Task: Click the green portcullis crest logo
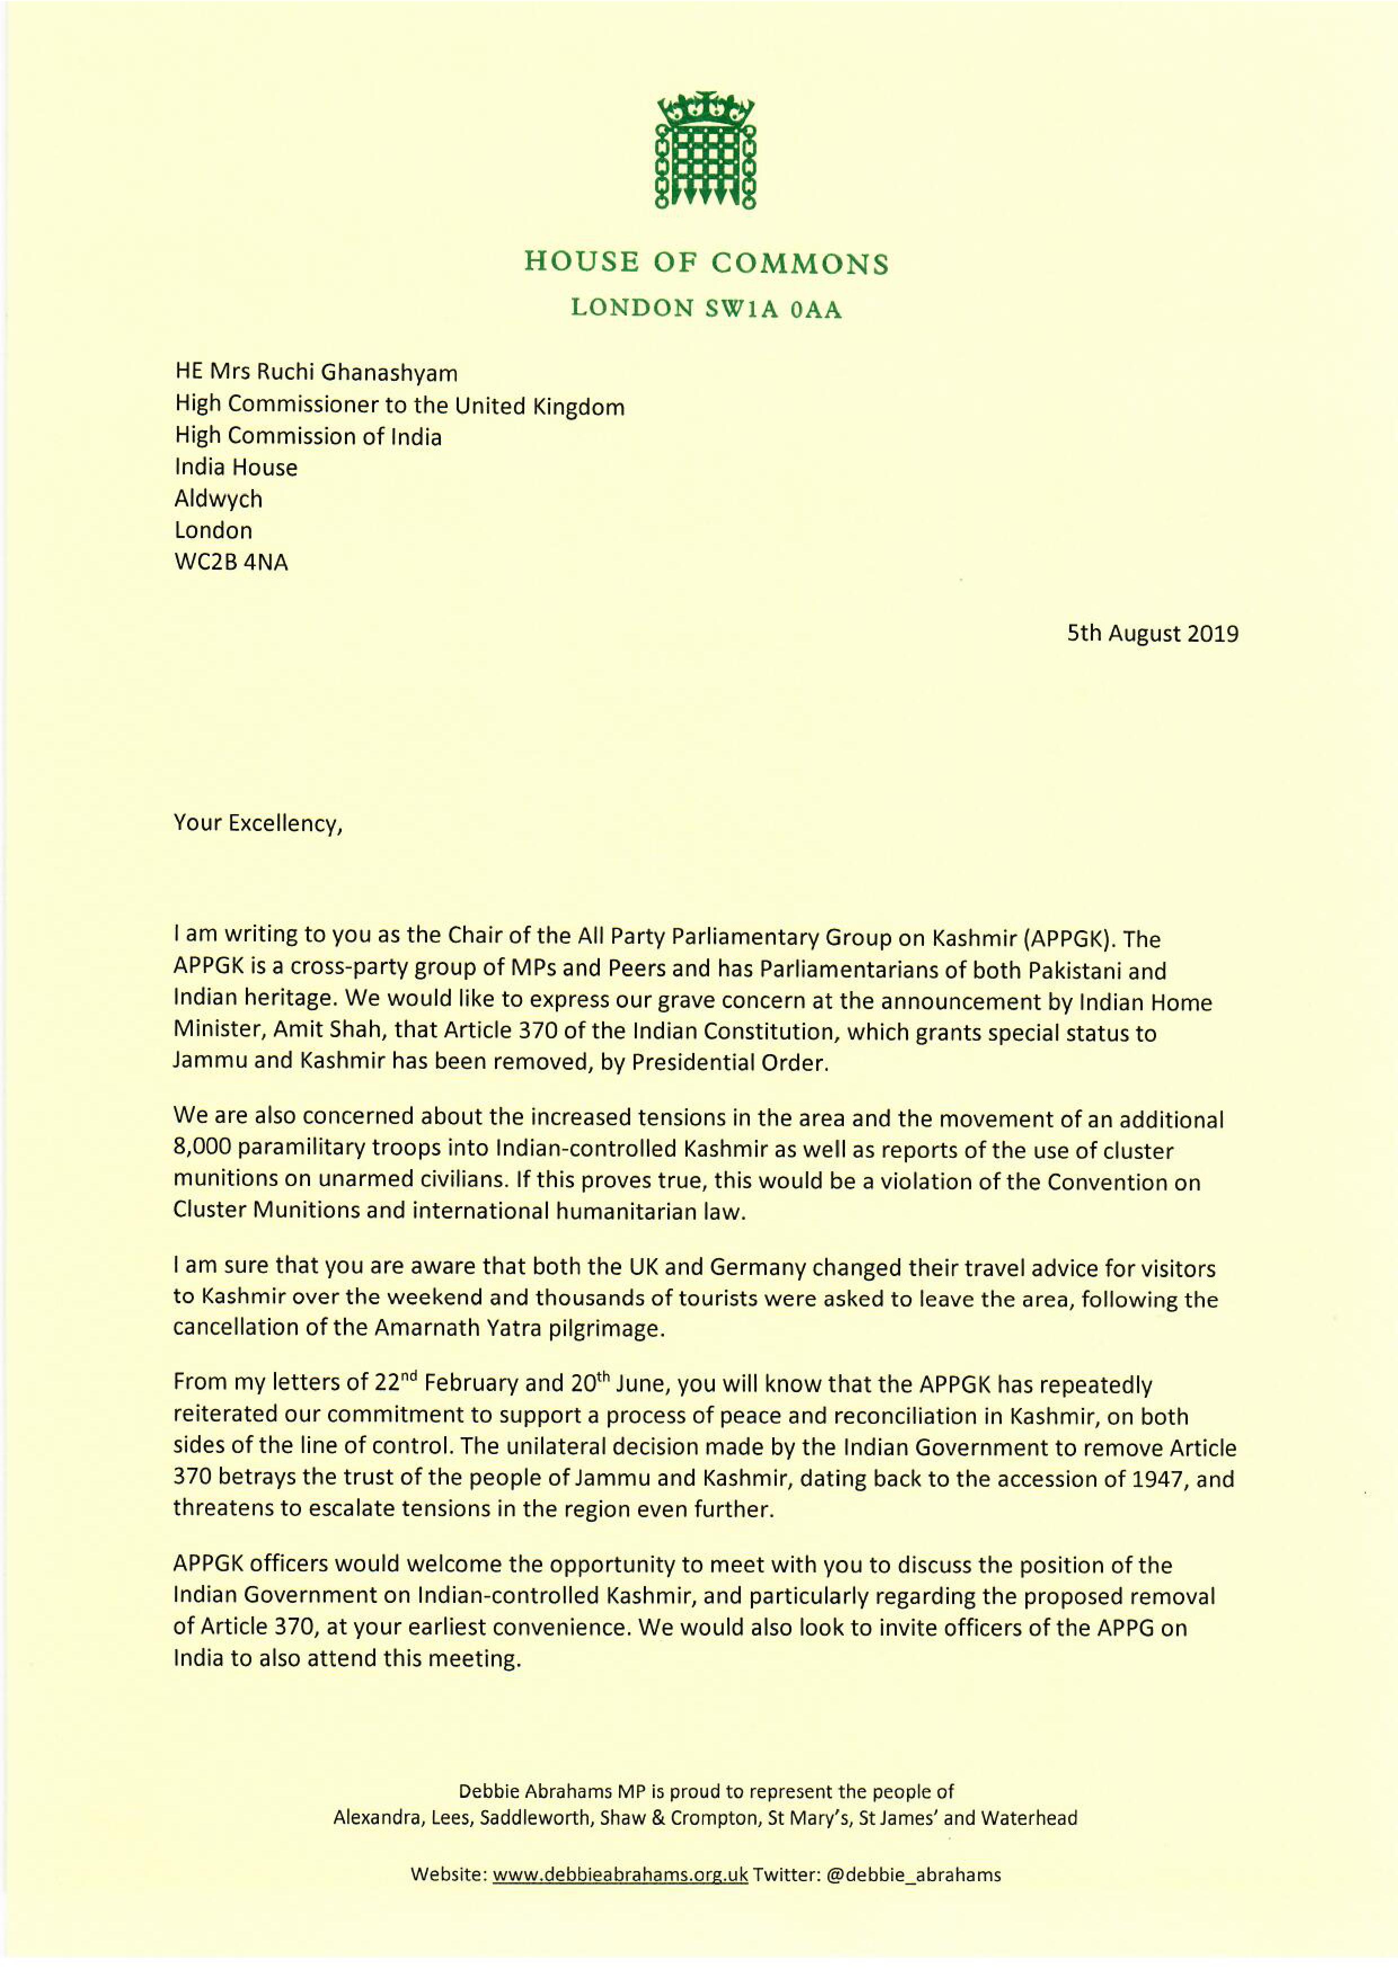(x=705, y=150)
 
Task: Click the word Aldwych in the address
(x=218, y=499)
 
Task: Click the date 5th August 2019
(x=1153, y=634)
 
